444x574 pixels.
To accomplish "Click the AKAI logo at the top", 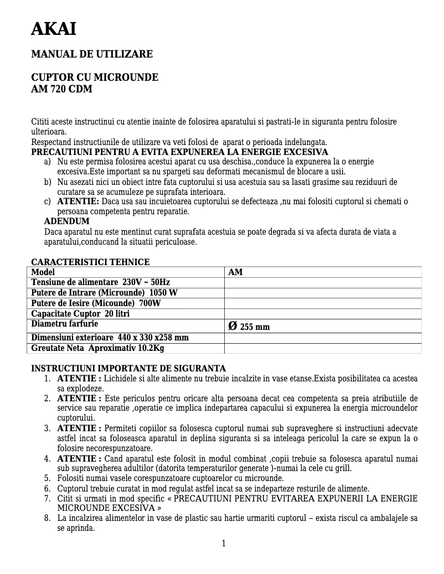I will click(x=54, y=29).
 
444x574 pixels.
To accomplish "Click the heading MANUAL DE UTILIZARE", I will click(x=91, y=54).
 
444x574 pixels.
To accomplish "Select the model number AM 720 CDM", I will click(x=61, y=89).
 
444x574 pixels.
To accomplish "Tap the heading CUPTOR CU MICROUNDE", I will click(x=94, y=77).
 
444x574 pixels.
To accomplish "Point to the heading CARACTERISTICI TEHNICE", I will click(x=90, y=262).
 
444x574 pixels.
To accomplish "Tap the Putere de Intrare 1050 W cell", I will click(x=104, y=293).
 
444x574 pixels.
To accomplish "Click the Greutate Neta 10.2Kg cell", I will click(x=97, y=348).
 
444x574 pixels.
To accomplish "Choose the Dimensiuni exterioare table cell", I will click(x=110, y=338).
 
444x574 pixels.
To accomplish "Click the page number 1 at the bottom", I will click(x=224, y=543).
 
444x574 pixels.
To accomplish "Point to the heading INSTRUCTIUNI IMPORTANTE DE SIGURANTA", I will click(x=128, y=368).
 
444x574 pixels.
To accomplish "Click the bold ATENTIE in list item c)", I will click(x=78, y=201).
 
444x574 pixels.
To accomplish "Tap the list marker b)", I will click(x=48, y=182).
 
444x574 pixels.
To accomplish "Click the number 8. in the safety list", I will click(x=48, y=518).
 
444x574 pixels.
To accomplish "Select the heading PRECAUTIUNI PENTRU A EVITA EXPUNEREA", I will click(x=179, y=152).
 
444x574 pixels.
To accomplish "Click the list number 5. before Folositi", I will click(x=48, y=478).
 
